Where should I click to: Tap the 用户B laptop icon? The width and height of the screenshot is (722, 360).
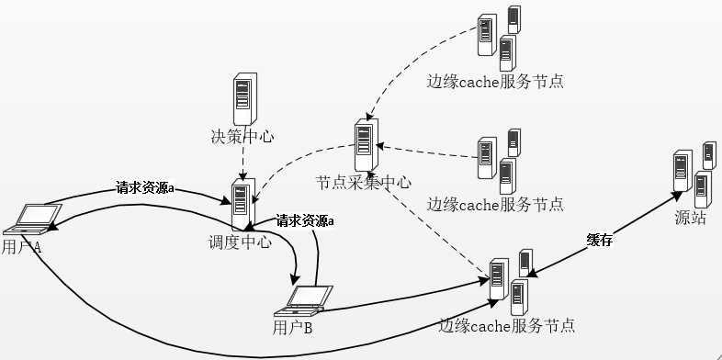[308, 298]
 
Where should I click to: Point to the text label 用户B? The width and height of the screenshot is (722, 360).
[293, 326]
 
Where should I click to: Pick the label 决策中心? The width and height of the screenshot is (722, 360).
[243, 137]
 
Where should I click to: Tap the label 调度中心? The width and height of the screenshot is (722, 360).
[241, 242]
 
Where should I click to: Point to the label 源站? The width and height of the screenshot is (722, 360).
[690, 218]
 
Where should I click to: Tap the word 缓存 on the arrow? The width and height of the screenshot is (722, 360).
[599, 240]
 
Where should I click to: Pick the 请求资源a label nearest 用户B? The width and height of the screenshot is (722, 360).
[305, 220]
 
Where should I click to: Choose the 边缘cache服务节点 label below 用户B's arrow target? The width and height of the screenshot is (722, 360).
[507, 325]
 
